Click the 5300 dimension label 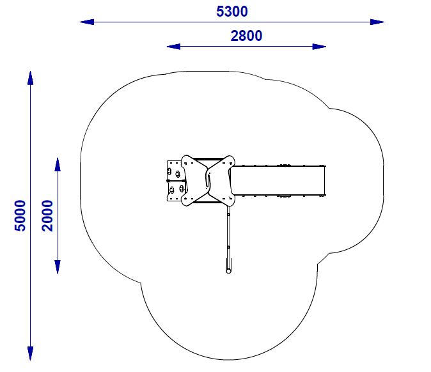232,12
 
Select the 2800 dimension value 246,36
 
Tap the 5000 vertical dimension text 20,215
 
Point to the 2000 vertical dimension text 47,215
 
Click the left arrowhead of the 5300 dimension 87,22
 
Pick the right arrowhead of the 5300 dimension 377,22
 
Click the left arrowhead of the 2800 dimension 173,47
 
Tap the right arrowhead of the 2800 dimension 319,47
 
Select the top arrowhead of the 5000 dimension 30,78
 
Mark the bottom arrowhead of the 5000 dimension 30,353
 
